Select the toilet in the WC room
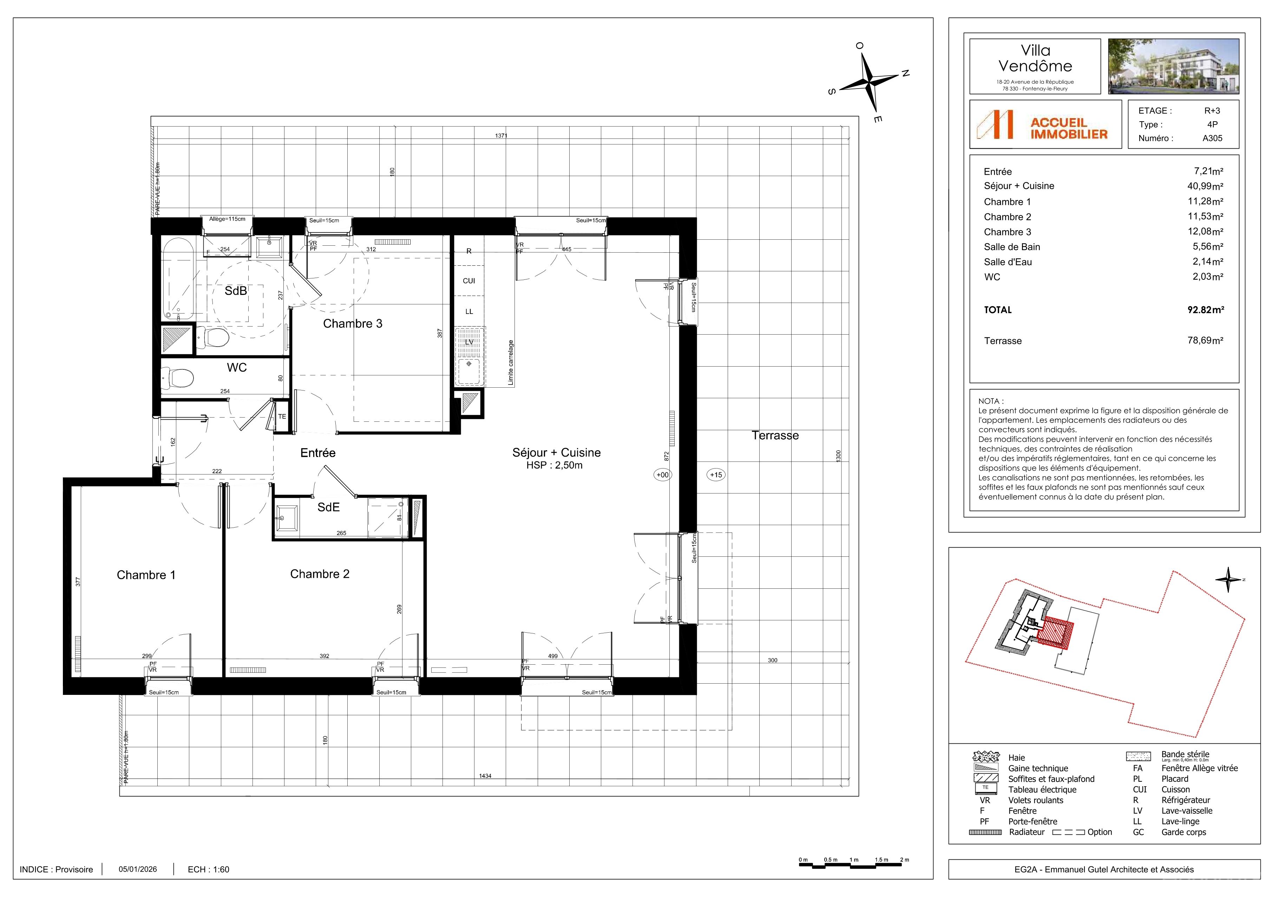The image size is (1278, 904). click(x=178, y=378)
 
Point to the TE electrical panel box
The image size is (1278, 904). click(x=282, y=417)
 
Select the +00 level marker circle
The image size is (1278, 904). click(x=662, y=475)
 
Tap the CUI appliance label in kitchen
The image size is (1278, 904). click(x=469, y=281)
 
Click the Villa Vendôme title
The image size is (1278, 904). click(x=1035, y=58)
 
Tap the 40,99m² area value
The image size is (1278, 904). click(x=1205, y=186)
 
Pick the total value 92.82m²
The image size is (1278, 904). click(x=1206, y=310)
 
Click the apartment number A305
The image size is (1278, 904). click(x=1212, y=138)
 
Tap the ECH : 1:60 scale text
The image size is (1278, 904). click(x=209, y=870)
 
